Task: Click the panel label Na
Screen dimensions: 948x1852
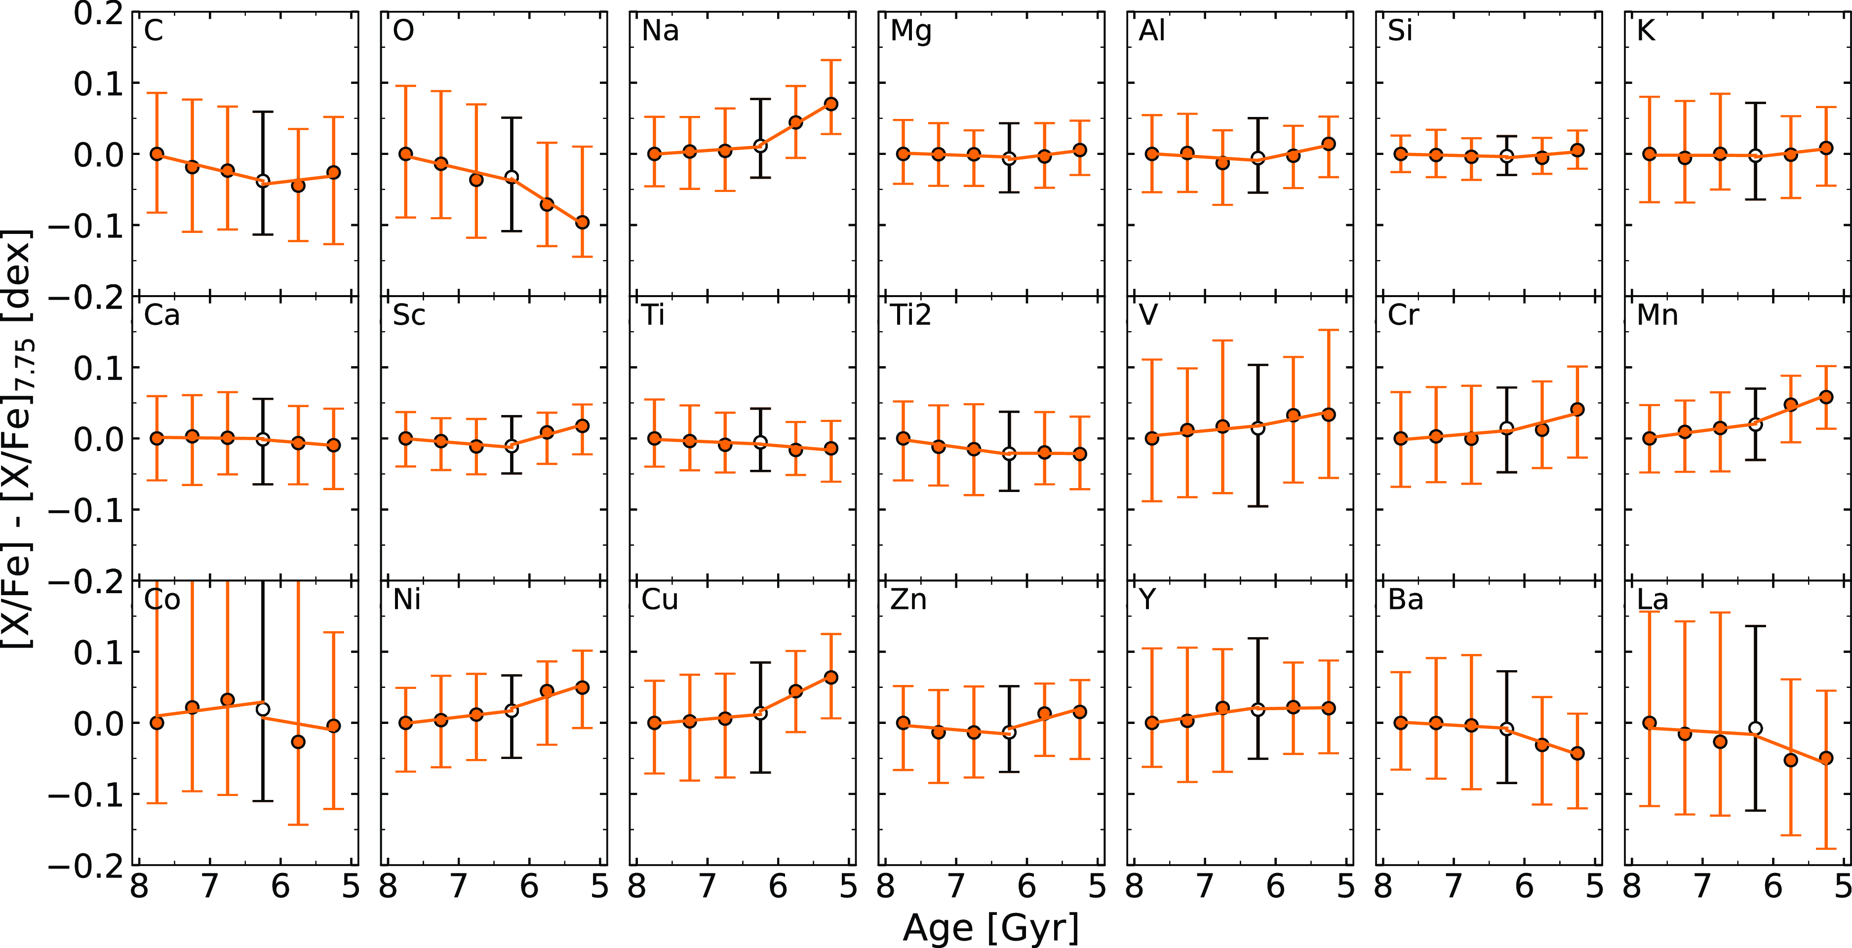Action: pos(660,31)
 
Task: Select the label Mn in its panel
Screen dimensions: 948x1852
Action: pos(1657,315)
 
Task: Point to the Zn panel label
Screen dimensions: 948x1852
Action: pos(908,600)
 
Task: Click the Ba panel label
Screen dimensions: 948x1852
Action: pos(1406,600)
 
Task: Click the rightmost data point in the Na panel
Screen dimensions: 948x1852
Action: pos(831,104)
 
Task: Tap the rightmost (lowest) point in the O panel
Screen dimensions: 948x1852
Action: pos(582,223)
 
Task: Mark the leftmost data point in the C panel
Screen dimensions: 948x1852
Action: pos(157,154)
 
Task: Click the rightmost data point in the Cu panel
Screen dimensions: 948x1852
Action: pos(831,677)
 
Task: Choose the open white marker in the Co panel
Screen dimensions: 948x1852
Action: pos(263,709)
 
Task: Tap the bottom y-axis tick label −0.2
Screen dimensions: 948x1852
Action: pos(86,866)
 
